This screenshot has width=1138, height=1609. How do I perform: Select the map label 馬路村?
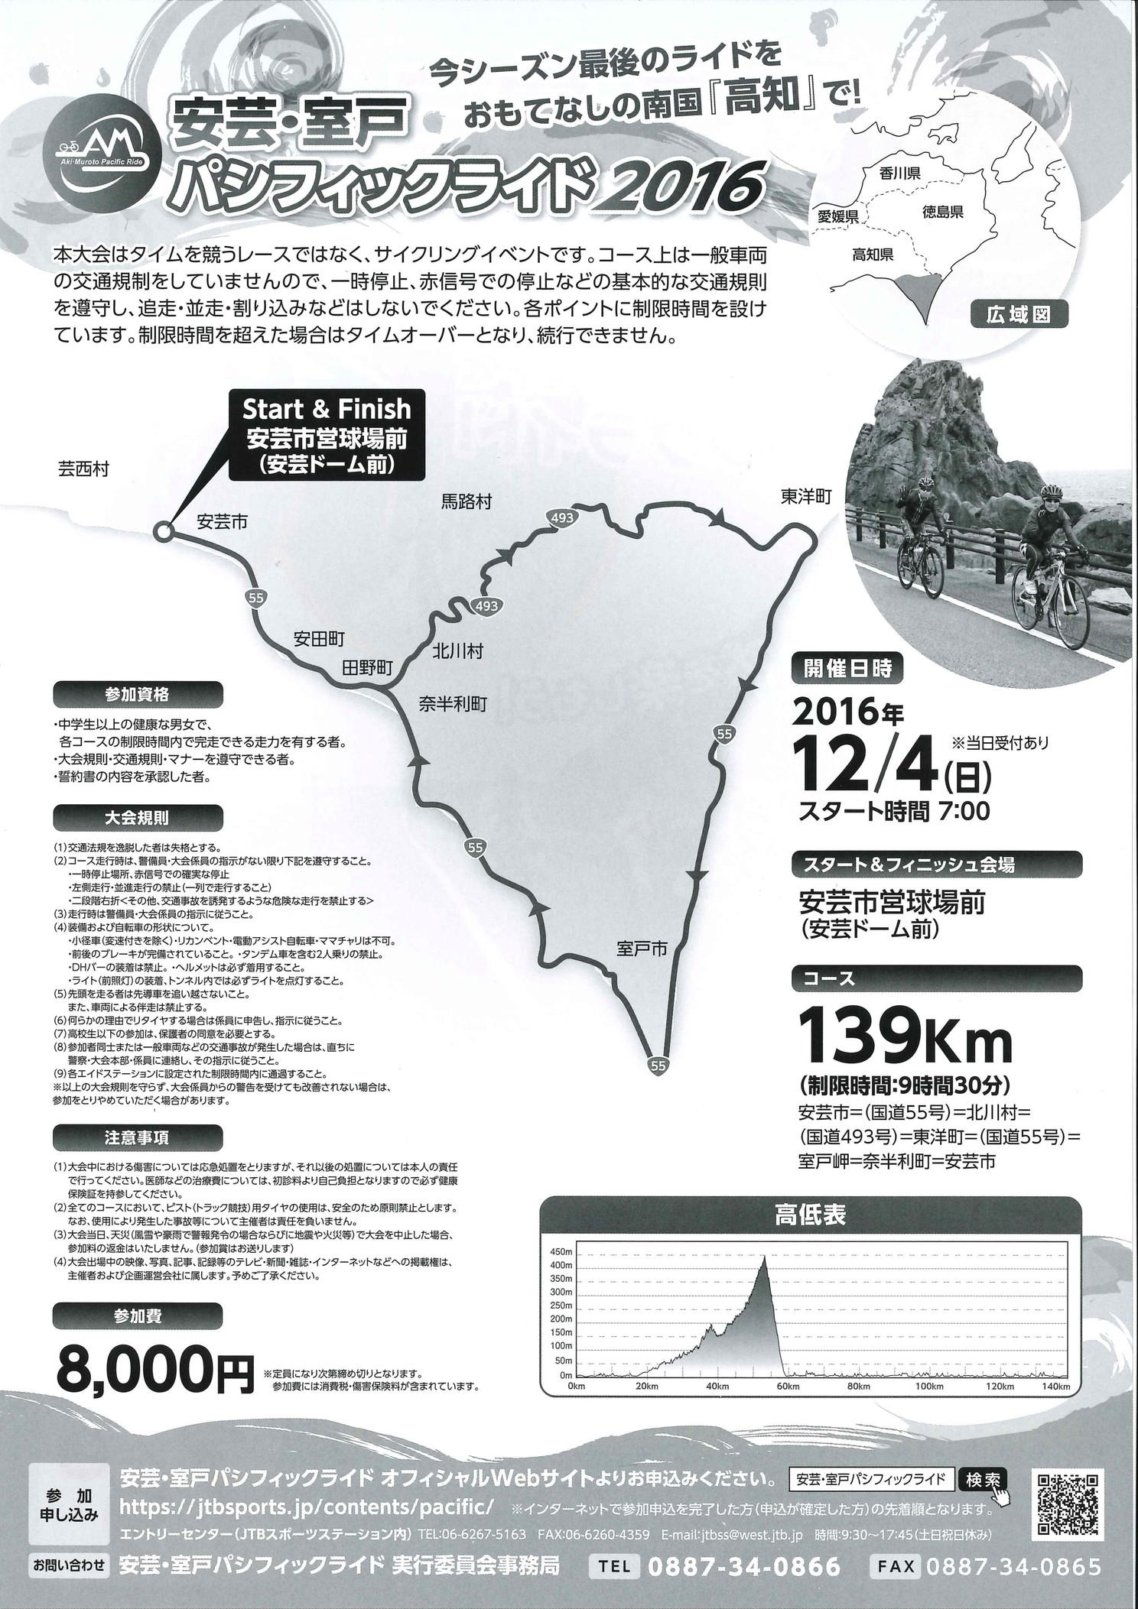[466, 502]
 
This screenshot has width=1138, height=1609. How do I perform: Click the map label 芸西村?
[83, 469]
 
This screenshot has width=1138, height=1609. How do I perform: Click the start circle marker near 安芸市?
[162, 531]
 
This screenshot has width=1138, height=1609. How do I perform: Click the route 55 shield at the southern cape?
[658, 1063]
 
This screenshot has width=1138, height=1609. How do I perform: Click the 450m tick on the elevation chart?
[562, 1251]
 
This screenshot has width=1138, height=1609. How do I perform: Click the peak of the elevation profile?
[763, 1257]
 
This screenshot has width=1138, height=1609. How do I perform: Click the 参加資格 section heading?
[138, 695]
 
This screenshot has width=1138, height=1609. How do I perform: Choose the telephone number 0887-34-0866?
[744, 1581]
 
